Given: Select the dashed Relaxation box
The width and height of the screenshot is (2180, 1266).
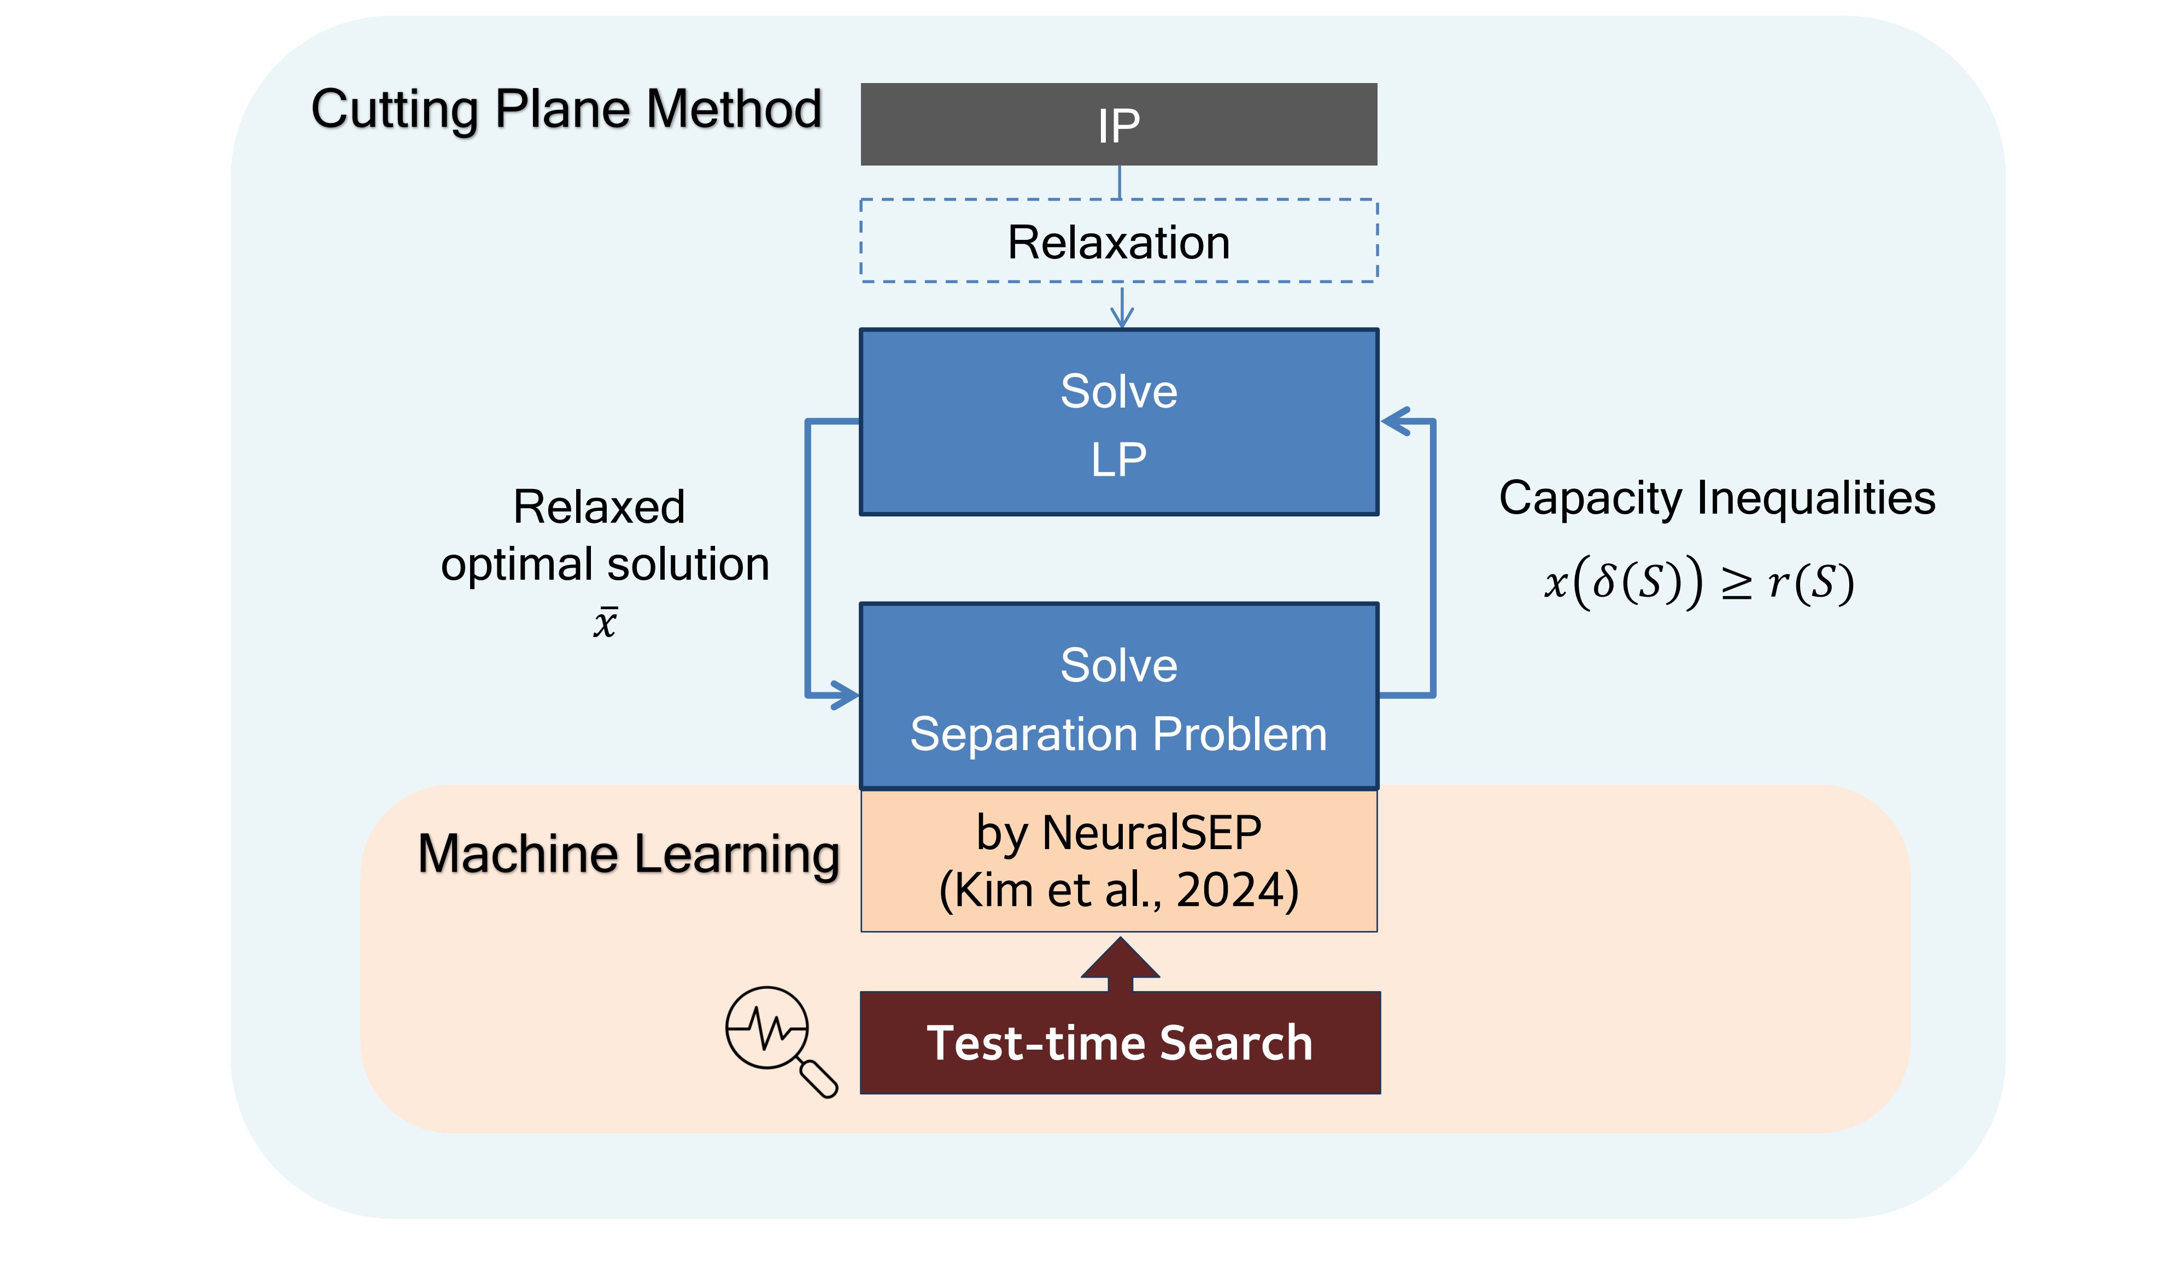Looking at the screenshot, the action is (1118, 240).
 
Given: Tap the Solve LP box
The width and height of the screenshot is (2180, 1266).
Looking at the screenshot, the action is (1118, 422).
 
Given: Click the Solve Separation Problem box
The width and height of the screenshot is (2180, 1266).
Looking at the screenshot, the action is (1118, 696).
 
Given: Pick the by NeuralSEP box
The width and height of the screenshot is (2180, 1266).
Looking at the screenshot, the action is (1118, 861).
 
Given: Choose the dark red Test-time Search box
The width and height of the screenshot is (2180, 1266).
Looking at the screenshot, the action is (1120, 1043).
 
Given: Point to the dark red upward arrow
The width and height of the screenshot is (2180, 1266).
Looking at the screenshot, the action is (1120, 964).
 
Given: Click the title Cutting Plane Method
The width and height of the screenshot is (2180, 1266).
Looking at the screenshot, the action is (567, 110).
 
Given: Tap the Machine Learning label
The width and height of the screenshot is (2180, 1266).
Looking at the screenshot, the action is (629, 855).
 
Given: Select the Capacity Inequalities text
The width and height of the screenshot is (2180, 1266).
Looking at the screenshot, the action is (1717, 499).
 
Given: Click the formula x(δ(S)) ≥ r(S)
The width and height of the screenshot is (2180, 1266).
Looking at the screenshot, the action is (1700, 583).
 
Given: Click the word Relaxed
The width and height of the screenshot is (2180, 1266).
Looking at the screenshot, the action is (599, 507).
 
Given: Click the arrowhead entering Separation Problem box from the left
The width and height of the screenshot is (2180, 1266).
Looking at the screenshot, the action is (845, 694).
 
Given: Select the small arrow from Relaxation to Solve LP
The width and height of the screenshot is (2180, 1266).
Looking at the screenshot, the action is (1122, 307).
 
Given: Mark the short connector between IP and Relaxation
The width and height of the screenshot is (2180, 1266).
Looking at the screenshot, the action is (1120, 182).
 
